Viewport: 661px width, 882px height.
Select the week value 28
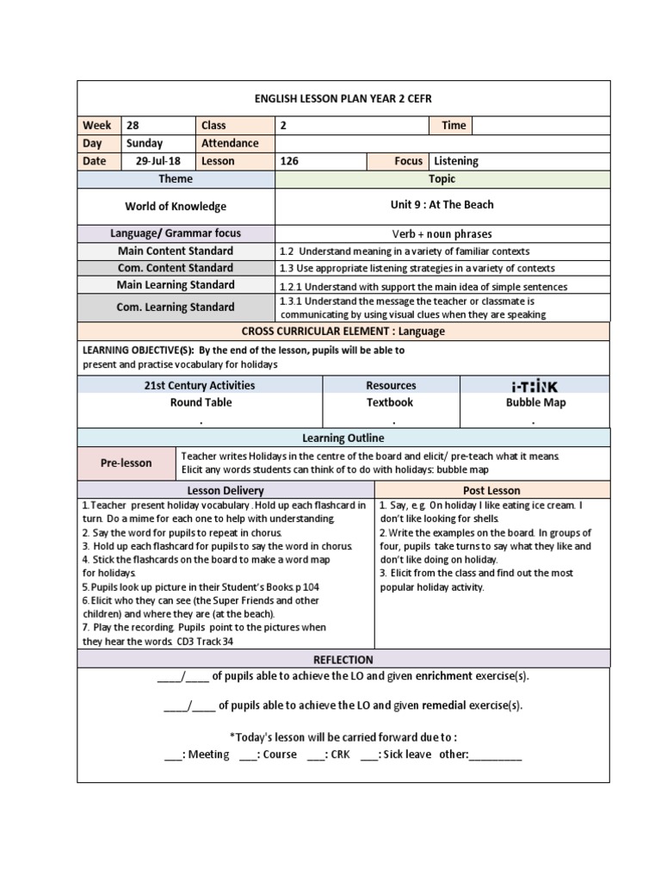coord(133,126)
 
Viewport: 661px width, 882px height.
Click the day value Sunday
coord(144,144)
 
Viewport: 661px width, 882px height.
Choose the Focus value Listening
coord(456,161)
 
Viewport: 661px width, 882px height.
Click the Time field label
coord(454,126)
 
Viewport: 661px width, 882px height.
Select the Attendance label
coord(230,144)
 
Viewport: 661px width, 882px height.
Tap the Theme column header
coord(176,179)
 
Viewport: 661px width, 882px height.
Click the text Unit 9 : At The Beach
coord(442,205)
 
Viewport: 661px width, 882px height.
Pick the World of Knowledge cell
coord(176,207)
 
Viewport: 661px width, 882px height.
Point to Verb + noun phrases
coord(442,234)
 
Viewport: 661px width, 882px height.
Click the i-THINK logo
coord(535,386)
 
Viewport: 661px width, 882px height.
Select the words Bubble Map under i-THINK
coord(535,402)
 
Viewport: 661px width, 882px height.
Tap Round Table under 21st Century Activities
coord(201,402)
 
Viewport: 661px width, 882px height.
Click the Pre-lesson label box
coord(126,463)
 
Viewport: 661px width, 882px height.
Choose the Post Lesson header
coord(491,491)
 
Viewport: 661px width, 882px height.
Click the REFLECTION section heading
coord(343,660)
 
